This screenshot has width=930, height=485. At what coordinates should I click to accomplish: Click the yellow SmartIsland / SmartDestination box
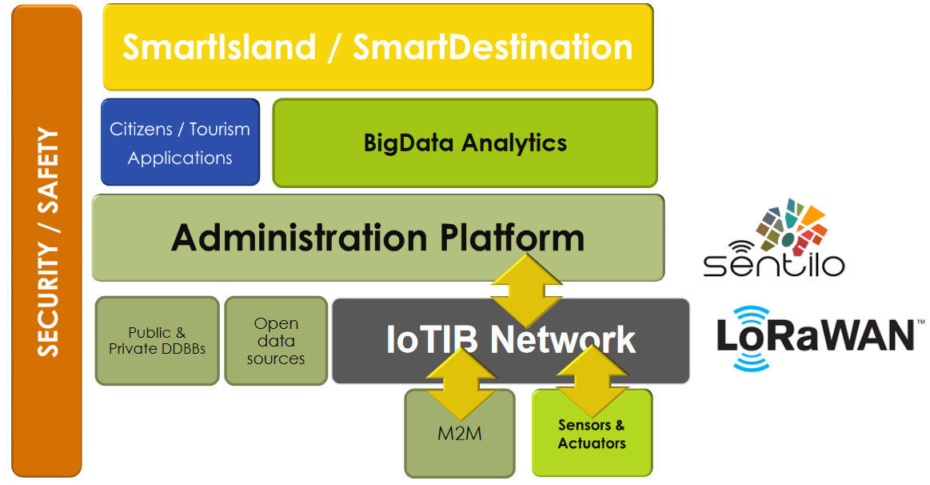pos(378,46)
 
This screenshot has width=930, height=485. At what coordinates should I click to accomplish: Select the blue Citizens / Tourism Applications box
pos(180,142)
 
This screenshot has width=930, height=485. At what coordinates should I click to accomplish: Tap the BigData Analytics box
pos(465,142)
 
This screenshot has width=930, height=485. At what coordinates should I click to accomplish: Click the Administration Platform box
pos(377,238)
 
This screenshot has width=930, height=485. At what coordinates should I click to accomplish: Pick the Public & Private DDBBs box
pos(157,340)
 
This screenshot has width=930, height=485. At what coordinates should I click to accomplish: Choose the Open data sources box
pos(276,341)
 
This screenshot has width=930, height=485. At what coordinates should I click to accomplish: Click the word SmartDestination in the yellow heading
pos(493,47)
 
